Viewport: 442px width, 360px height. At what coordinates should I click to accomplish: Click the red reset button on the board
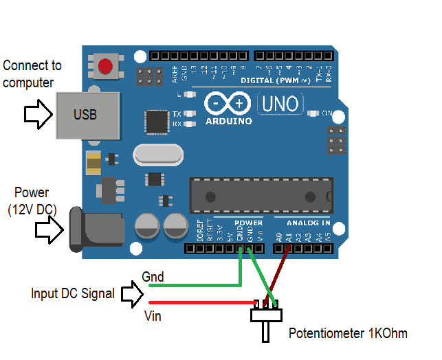tap(105, 67)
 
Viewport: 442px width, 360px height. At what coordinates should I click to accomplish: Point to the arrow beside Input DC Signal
tap(132, 293)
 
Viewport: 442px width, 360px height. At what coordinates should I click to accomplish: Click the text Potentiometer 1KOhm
tap(347, 334)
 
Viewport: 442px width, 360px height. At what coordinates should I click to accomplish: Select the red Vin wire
tap(199, 302)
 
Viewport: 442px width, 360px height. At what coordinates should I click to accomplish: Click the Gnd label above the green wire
tap(152, 276)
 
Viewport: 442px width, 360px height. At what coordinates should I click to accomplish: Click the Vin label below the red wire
tap(153, 315)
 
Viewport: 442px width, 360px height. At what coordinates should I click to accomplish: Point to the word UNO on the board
tap(280, 104)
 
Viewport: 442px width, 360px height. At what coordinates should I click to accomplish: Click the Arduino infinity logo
tap(228, 104)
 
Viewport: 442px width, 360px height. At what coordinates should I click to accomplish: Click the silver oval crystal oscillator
tap(158, 155)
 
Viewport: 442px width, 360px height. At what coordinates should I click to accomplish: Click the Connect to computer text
tap(32, 74)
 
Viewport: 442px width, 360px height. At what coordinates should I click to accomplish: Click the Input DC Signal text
tap(73, 293)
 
